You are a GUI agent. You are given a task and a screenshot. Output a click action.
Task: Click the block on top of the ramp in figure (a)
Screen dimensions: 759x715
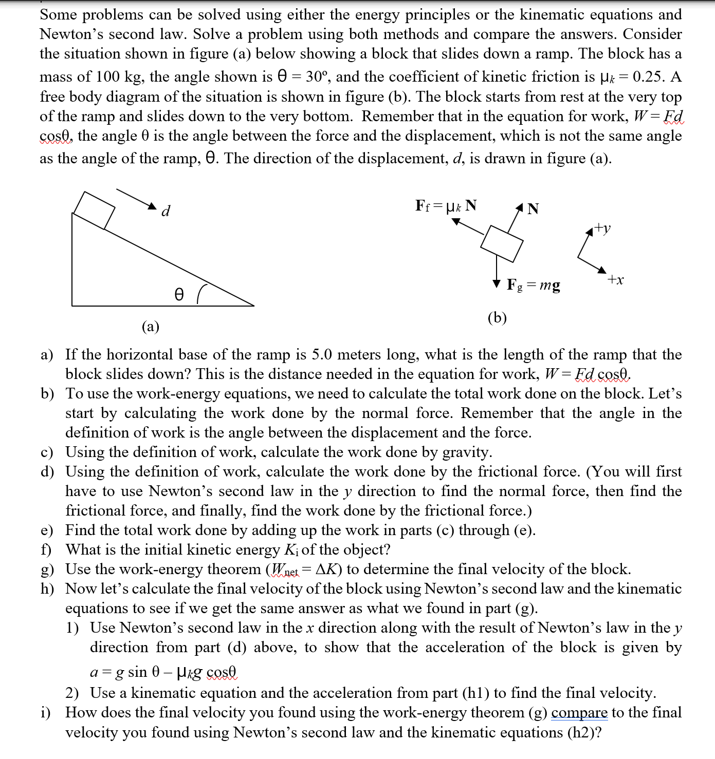[x=94, y=210]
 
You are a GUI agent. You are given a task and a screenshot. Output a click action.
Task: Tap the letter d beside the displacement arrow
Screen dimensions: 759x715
[x=166, y=211]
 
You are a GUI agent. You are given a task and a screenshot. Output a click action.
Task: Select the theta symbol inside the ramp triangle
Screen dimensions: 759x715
[x=178, y=294]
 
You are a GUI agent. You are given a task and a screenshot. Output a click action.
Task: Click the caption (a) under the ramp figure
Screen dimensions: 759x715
[x=151, y=326]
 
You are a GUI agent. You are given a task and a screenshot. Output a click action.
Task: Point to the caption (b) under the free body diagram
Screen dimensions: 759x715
[x=497, y=317]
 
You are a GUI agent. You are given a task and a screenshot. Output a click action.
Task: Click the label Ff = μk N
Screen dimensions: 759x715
[x=446, y=206]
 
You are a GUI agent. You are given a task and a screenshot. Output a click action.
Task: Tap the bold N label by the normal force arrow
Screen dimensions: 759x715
[x=534, y=208]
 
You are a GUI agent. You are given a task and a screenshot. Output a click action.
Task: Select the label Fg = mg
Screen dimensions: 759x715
[x=534, y=284]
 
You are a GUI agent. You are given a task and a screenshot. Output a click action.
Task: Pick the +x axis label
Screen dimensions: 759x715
[x=615, y=280]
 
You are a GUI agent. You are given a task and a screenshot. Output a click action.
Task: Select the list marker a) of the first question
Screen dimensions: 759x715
[x=47, y=355]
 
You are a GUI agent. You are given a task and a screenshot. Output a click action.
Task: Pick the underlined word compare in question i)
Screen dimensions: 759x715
[x=579, y=712]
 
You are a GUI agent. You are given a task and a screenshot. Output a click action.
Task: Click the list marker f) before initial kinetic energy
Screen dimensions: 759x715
[x=47, y=549]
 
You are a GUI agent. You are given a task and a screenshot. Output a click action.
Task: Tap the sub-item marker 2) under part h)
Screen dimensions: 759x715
[x=72, y=693]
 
